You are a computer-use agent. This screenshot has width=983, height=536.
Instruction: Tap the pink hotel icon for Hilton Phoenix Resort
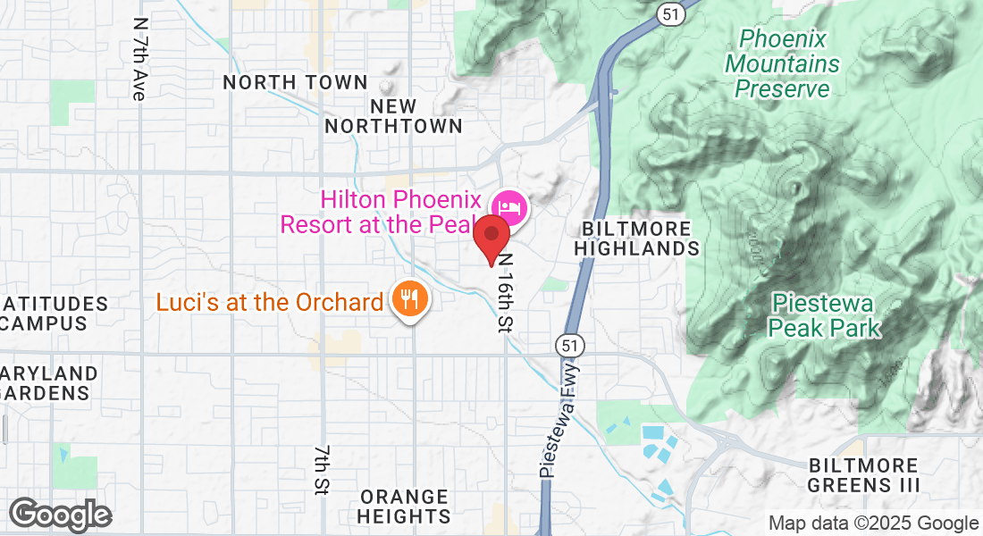tap(509, 208)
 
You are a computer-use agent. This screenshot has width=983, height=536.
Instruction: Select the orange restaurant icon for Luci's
tap(410, 299)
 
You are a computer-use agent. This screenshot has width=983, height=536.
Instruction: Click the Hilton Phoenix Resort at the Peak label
tap(382, 213)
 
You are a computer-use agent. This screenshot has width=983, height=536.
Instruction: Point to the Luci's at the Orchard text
tap(270, 302)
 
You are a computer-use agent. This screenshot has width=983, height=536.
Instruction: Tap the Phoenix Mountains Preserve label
tap(783, 63)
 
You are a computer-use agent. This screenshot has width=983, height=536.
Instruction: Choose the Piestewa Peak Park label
tap(824, 315)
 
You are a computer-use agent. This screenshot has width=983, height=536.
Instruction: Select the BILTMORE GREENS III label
tap(863, 475)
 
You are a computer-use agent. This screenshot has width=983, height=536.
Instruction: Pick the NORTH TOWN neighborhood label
tap(295, 83)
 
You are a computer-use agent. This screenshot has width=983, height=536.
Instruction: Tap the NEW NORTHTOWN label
tap(393, 116)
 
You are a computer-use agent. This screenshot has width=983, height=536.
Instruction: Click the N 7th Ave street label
tap(138, 59)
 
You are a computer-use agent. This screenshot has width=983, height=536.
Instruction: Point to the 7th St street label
tap(322, 470)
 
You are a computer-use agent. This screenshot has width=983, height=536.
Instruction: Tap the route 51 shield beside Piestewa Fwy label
tap(565, 344)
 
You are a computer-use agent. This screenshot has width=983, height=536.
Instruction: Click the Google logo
tap(61, 515)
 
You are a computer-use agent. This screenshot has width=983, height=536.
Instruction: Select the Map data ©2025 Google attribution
tap(874, 523)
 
